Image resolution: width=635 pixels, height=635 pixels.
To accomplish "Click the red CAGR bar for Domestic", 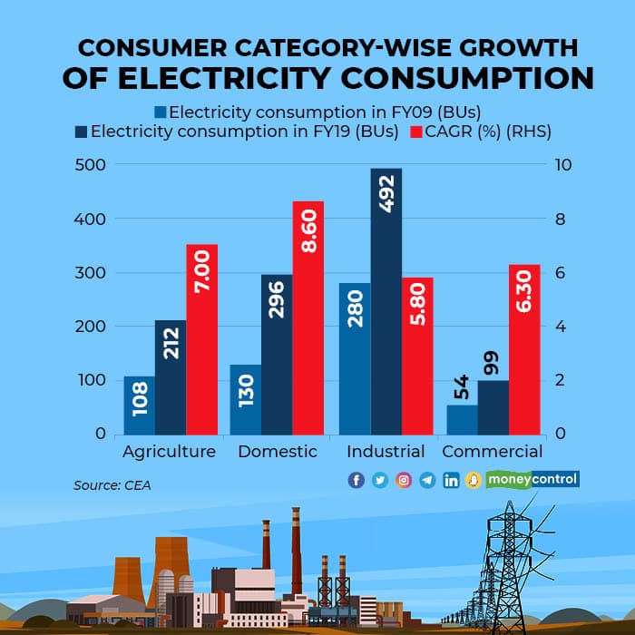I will click(x=308, y=317).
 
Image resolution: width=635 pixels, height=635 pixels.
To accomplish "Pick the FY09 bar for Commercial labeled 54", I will click(x=462, y=419).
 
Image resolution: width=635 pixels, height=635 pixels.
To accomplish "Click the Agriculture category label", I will click(x=169, y=452).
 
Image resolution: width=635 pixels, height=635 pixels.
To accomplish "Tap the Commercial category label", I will click(x=493, y=452).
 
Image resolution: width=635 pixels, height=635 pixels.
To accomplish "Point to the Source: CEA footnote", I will click(x=112, y=485).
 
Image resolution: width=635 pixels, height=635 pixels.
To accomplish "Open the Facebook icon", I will click(x=357, y=480).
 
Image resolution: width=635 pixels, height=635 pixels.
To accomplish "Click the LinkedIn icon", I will click(x=451, y=480).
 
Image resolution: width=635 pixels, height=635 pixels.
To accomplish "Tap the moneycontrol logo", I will click(x=532, y=479).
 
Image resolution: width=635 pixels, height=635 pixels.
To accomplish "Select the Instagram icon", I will click(x=404, y=480).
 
